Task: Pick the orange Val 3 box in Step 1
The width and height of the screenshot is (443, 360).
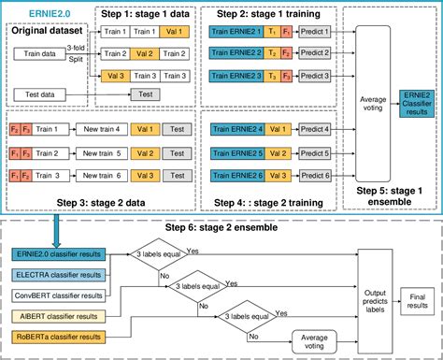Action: pos(115,76)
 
